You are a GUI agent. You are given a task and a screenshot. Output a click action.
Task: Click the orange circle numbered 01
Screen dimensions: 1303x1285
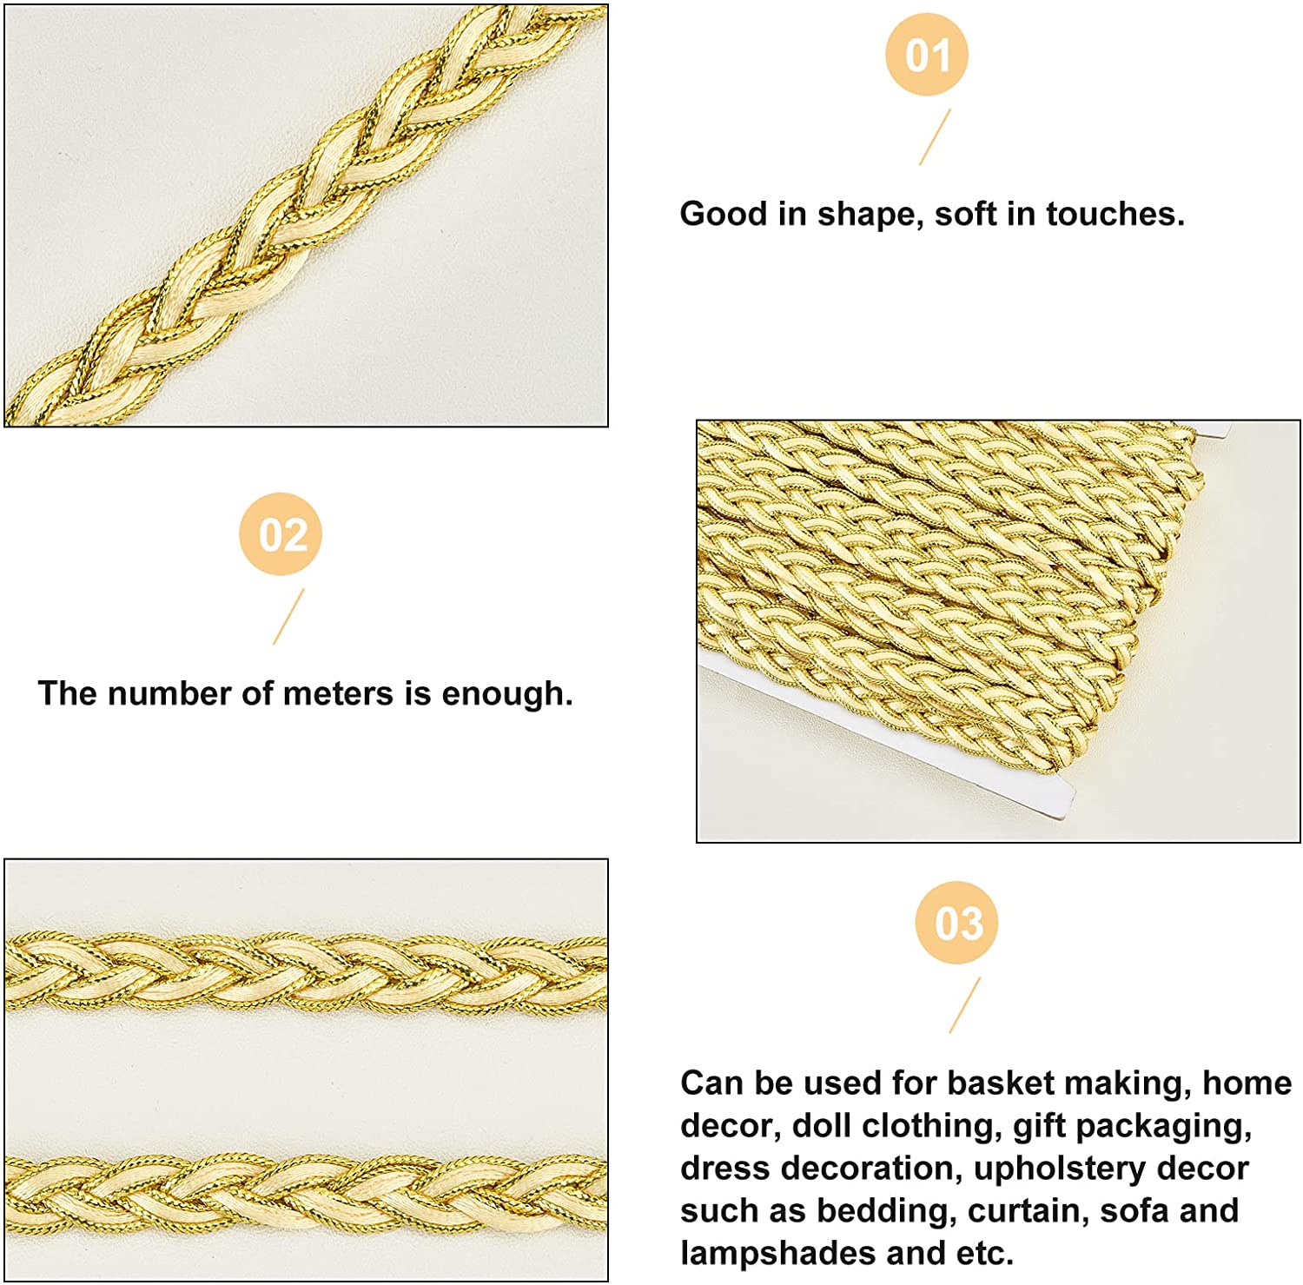[927, 55]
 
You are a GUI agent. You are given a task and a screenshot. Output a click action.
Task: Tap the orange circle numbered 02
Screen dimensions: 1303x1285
[281, 533]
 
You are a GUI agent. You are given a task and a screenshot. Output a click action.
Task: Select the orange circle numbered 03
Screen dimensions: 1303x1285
[956, 923]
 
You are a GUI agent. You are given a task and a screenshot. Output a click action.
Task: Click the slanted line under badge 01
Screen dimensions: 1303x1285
[936, 137]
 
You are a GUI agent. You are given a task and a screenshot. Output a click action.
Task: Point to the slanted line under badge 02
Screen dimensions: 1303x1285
[289, 617]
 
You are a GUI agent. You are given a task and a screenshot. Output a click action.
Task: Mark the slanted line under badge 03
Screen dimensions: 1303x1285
[965, 1005]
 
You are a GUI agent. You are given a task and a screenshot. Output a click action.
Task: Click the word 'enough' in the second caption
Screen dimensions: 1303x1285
[503, 695]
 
